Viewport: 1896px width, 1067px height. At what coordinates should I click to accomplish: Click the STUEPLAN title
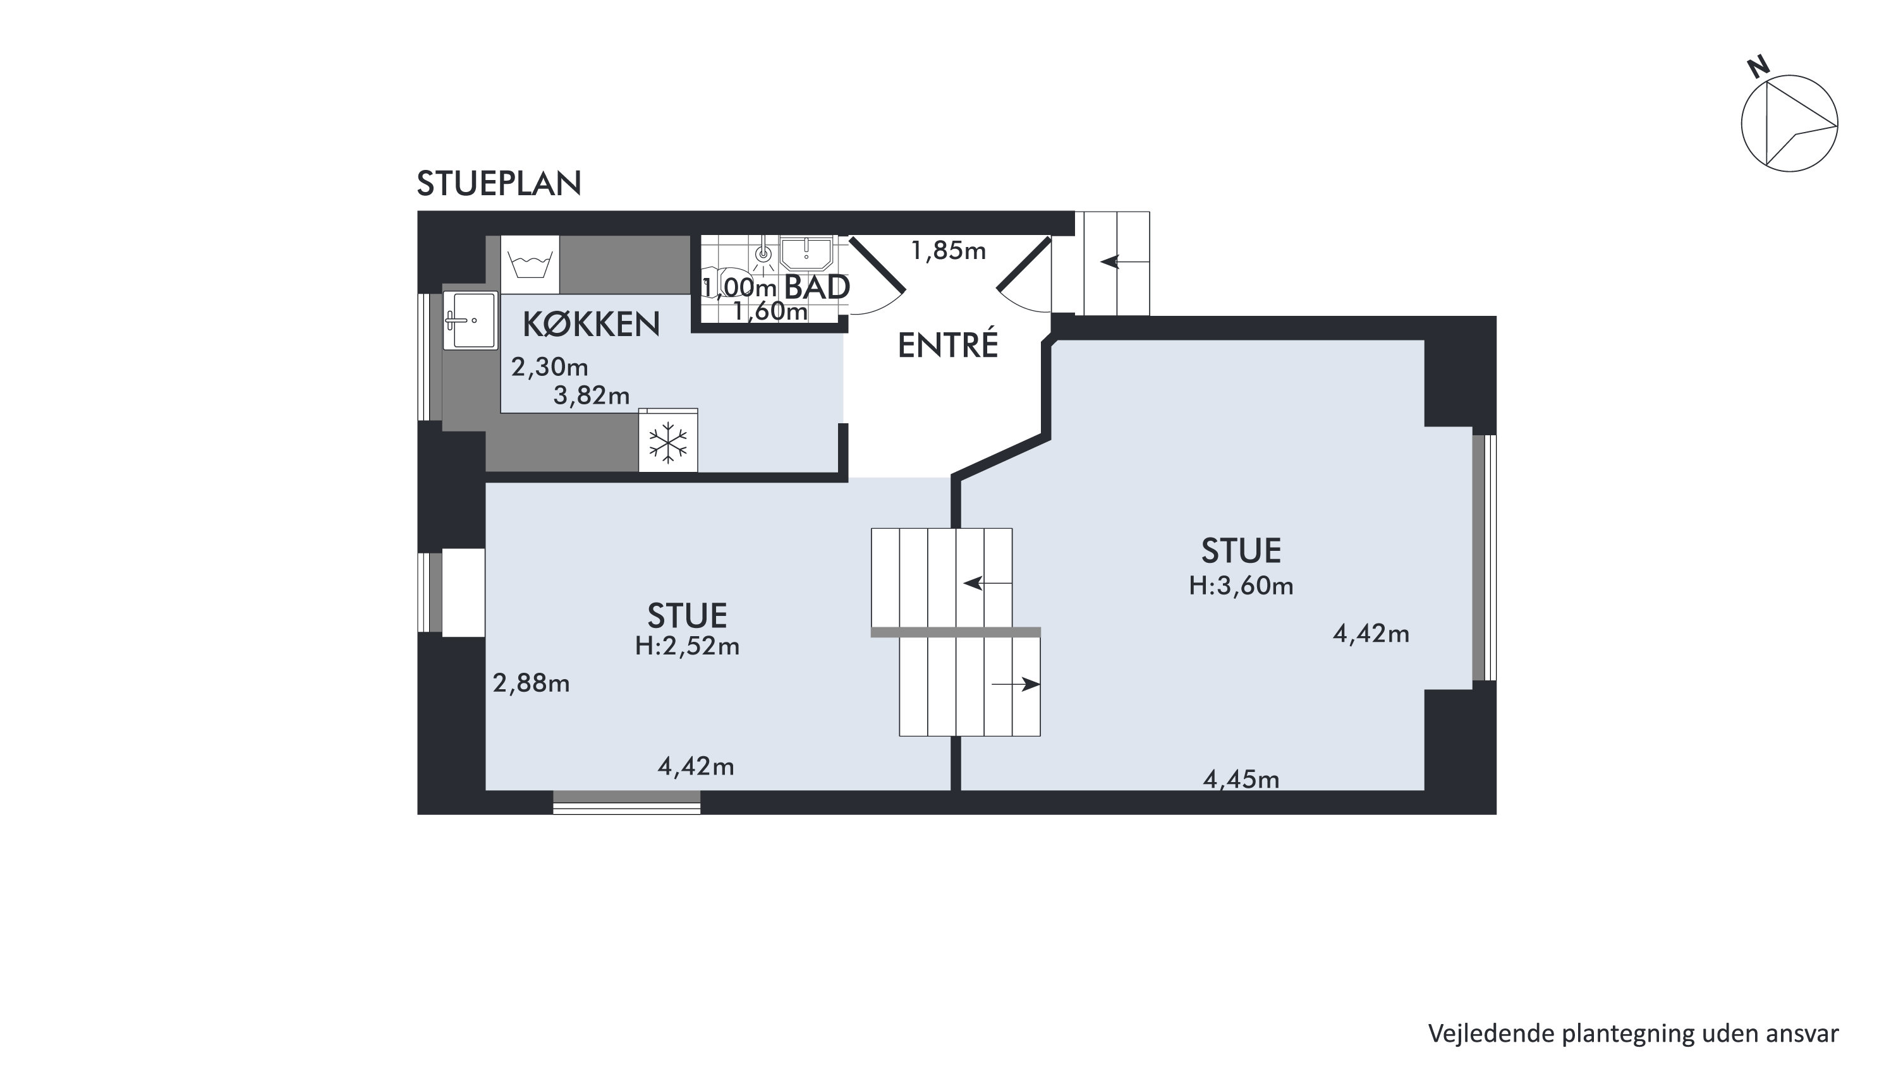point(499,184)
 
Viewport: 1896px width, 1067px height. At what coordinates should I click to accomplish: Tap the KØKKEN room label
point(591,325)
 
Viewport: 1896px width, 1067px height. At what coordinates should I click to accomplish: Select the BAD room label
point(818,287)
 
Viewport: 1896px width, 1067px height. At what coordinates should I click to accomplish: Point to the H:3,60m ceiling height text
point(1241,586)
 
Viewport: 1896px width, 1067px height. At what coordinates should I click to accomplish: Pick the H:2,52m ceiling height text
point(688,646)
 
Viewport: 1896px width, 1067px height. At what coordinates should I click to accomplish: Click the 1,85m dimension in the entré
point(948,251)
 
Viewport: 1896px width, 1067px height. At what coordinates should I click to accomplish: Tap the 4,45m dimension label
point(1241,780)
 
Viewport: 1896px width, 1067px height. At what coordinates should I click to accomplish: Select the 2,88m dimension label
point(532,684)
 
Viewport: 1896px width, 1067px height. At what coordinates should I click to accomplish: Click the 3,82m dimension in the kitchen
point(592,396)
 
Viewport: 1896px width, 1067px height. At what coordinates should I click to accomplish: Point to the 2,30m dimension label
point(550,366)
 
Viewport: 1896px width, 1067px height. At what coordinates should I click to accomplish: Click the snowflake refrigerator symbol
point(667,443)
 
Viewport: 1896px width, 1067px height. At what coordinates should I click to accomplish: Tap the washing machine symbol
point(530,264)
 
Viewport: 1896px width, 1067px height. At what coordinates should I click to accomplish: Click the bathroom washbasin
point(806,253)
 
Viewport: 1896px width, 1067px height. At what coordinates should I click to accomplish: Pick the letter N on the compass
point(1758,67)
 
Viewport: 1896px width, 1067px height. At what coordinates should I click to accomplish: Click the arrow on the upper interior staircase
point(988,584)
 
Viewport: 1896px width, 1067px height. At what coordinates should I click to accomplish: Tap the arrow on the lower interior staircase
point(1016,684)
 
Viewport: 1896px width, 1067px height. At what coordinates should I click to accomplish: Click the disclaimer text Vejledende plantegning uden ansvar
point(1633,1033)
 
